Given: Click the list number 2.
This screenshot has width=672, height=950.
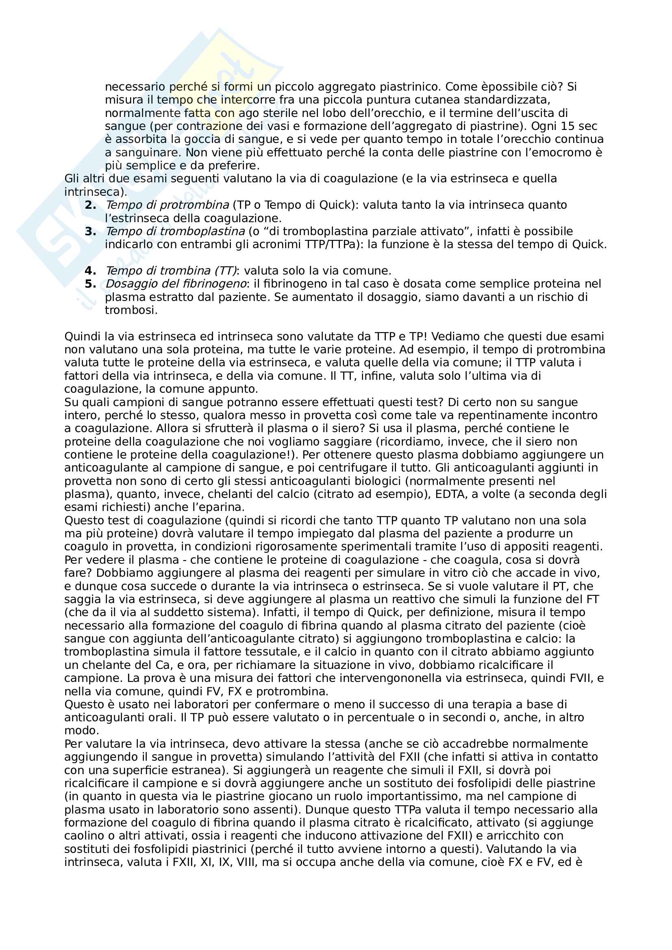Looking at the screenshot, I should pyautogui.click(x=90, y=205).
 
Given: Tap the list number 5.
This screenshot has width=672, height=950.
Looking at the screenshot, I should pyautogui.click(x=90, y=284).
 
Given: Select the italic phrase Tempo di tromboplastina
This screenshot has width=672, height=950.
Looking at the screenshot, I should pyautogui.click(x=175, y=231).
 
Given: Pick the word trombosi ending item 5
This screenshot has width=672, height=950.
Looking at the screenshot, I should pyautogui.click(x=131, y=310).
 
